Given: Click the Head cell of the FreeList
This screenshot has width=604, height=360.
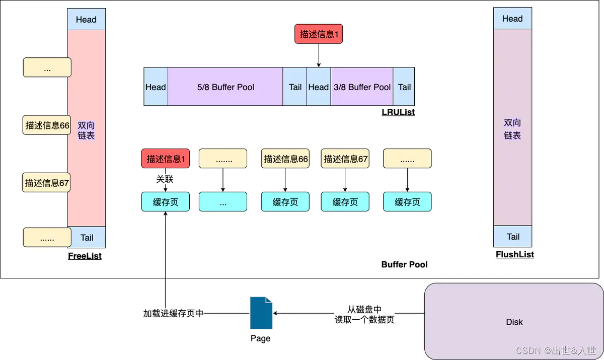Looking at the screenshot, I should (86, 20).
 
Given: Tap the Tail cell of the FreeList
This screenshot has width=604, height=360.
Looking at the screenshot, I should (87, 237).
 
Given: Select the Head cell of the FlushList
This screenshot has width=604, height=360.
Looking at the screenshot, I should (512, 19).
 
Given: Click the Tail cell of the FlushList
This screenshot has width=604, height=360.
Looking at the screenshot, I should (513, 237).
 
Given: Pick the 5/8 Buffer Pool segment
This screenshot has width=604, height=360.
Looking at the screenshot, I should (225, 87).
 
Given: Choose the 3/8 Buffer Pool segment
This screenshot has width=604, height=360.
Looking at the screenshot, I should (362, 87).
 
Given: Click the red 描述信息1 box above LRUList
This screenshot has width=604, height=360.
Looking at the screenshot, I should (318, 34).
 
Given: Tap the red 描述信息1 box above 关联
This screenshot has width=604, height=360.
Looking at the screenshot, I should (166, 159).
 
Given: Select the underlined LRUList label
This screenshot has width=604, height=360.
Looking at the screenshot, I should (398, 112).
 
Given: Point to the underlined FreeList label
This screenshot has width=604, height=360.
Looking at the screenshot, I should (85, 256).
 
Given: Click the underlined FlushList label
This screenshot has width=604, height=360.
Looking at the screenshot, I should (514, 255).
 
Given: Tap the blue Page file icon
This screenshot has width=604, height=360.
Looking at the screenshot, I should (261, 313).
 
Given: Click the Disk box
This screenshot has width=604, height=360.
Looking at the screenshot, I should (514, 321).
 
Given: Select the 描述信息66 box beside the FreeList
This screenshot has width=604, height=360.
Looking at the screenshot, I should (47, 125).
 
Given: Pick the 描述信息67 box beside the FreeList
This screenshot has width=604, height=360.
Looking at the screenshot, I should (47, 183).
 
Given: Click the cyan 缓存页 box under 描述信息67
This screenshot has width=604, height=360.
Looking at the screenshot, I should (345, 202).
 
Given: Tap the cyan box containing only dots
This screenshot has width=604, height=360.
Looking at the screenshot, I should (222, 202).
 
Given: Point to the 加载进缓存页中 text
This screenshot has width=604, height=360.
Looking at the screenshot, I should (173, 313).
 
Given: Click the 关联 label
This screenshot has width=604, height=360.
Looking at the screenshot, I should (165, 179).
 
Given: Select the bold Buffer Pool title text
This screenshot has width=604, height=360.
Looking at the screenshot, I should (404, 264).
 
